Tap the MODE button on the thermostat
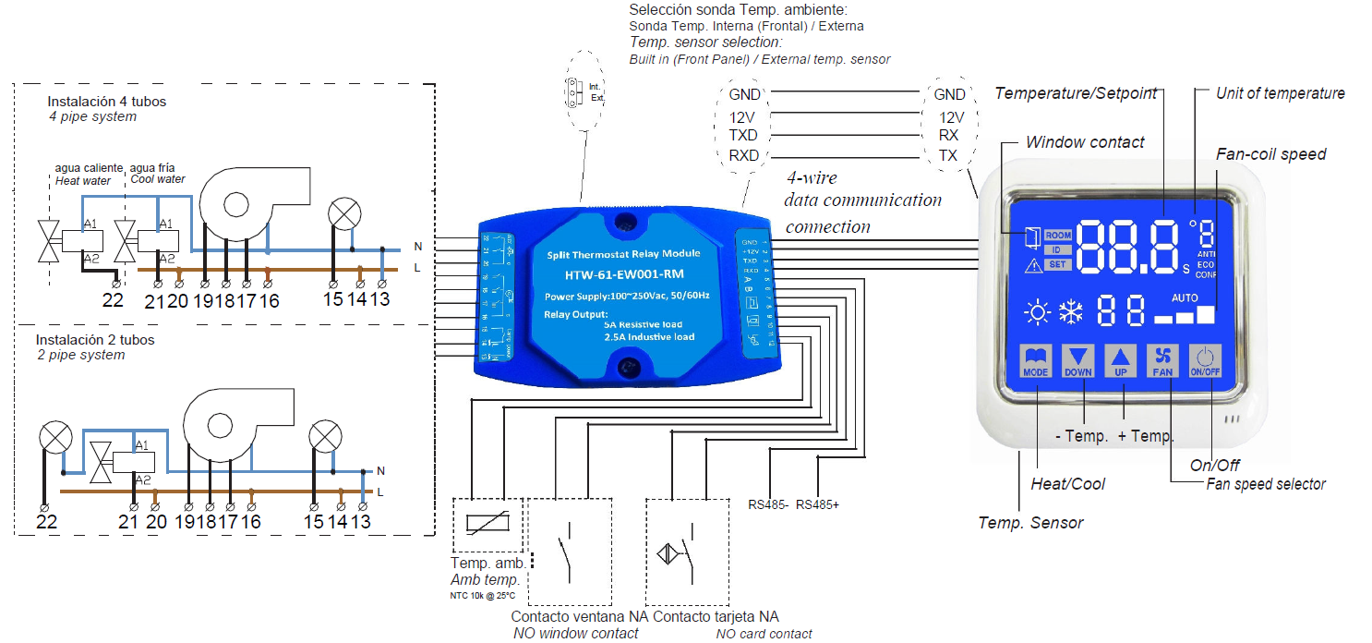[x=1037, y=361]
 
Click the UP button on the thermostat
[x=1121, y=361]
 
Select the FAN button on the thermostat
[x=1162, y=361]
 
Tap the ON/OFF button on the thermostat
[x=1205, y=361]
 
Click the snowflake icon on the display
[x=1070, y=312]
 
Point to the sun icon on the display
[x=1037, y=313]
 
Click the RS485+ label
[x=817, y=504]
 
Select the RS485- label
[x=768, y=504]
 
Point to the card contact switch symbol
[x=684, y=553]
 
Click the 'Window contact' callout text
[x=1085, y=142]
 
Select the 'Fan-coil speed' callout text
[x=1270, y=154]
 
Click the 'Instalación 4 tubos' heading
[x=107, y=101]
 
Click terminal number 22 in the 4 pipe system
[x=112, y=300]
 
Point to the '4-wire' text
[x=812, y=177]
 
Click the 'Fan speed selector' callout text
[x=1266, y=484]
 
